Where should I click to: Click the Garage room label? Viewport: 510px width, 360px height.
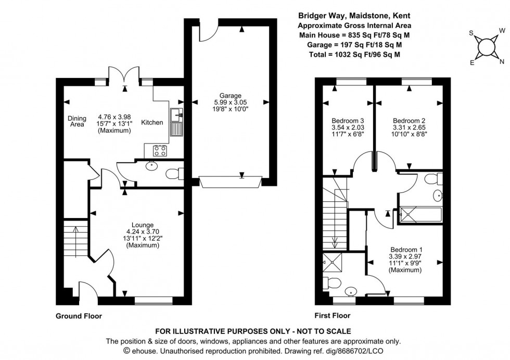coord(230,96)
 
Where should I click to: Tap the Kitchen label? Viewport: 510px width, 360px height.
coord(152,123)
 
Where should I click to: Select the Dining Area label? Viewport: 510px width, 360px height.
coord(77,121)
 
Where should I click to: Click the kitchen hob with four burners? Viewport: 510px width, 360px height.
coord(159,151)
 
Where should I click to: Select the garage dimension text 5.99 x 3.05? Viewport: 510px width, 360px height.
coord(230,102)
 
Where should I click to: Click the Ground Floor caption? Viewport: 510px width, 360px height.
coord(79,316)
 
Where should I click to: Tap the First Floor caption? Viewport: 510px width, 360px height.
coord(333,315)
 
